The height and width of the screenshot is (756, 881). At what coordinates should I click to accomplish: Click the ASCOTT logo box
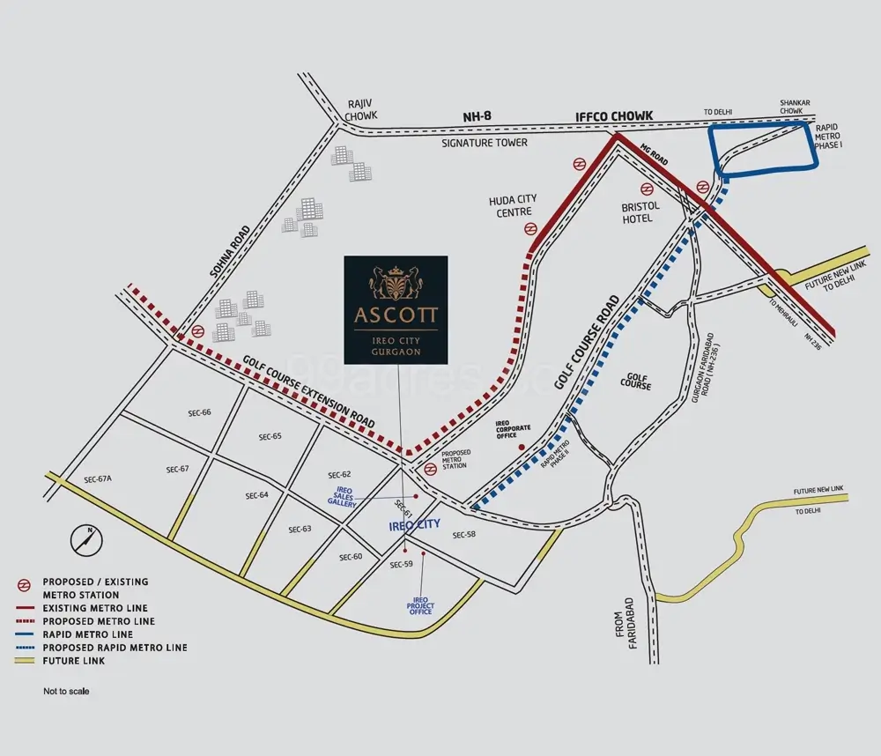396,309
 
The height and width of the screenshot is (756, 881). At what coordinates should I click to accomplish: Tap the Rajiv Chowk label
360,109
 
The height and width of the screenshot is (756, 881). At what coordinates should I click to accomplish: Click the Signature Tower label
484,142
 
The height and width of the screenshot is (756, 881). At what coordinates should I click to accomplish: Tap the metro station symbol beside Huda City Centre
530,229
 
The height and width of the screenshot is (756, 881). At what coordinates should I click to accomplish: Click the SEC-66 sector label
200,412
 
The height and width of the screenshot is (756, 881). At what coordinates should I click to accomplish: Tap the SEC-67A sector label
99,479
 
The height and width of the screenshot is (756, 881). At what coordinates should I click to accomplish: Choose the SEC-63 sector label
300,530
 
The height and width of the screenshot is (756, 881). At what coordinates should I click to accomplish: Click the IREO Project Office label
420,606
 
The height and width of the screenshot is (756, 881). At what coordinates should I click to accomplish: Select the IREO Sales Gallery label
343,497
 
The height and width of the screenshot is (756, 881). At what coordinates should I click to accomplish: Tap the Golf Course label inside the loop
635,382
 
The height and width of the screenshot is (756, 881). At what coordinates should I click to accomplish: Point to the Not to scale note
66,692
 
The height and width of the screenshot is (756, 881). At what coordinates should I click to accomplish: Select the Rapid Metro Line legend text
87,634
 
